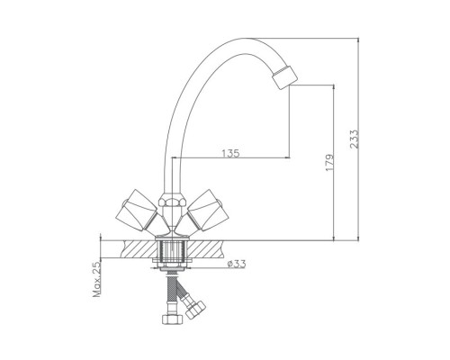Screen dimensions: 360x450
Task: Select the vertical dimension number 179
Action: pos(328,162)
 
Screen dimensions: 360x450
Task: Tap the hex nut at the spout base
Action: pos(170,203)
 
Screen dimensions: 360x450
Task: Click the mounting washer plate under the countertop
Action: pos(170,265)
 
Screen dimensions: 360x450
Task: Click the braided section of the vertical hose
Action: pos(169,292)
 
